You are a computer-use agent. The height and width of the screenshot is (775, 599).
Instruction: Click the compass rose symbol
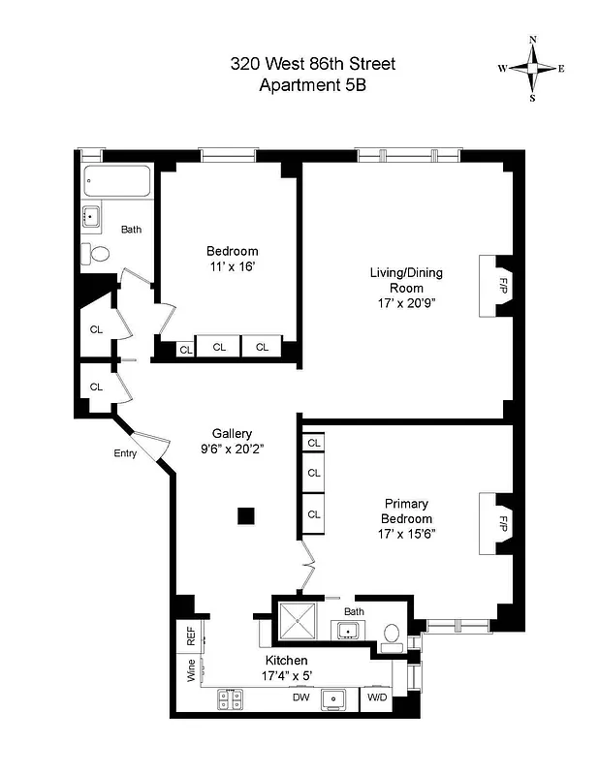531,68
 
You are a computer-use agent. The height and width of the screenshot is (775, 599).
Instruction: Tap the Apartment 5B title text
312,85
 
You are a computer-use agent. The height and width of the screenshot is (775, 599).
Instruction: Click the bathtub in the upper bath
116,181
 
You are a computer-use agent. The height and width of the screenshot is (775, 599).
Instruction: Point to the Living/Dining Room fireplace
496,286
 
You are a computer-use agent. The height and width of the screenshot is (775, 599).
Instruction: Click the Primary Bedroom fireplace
496,523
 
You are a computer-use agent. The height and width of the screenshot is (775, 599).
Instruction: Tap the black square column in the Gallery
248,515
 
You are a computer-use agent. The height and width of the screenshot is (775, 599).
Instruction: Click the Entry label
125,453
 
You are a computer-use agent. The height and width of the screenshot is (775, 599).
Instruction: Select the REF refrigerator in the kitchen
190,636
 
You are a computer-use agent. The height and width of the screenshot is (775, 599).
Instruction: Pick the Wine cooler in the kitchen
190,669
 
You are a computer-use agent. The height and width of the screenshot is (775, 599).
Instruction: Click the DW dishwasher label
300,696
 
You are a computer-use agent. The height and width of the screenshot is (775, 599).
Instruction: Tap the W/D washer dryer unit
376,696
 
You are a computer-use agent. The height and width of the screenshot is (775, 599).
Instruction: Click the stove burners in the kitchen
230,696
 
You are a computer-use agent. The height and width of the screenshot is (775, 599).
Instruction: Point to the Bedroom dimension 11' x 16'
232,264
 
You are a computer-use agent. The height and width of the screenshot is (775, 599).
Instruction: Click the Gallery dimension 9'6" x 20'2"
233,449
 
